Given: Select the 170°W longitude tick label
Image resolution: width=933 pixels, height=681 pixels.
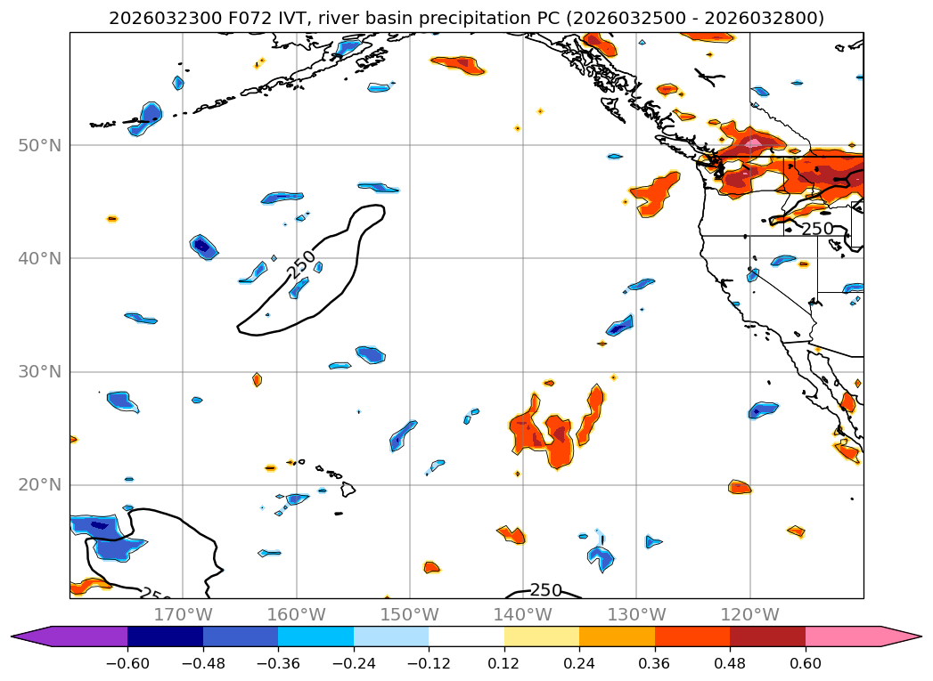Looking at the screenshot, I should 183,614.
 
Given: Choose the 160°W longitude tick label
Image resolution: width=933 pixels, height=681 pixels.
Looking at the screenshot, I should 297,614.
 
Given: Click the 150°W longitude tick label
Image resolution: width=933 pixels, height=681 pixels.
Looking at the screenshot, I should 410,614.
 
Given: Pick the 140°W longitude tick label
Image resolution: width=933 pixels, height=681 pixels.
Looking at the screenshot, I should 523,614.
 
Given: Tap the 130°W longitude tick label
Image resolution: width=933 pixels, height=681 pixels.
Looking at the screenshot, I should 636,614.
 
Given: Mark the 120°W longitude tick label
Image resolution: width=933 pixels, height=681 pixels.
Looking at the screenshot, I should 749,614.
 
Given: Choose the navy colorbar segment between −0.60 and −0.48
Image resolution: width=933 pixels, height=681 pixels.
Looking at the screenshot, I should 165,636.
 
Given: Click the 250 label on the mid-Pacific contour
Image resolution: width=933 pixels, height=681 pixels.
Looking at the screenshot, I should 301,263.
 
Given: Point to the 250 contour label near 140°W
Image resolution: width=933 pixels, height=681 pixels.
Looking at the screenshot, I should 545,590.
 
